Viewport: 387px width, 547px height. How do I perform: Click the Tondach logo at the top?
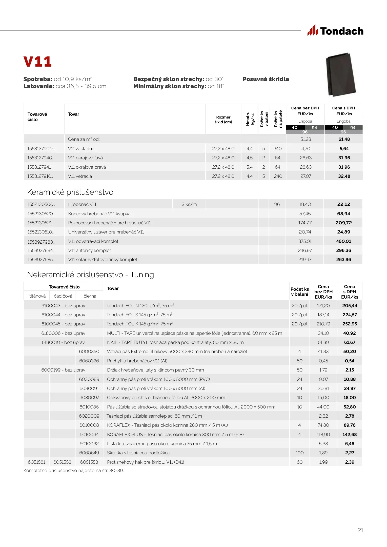click(335, 31)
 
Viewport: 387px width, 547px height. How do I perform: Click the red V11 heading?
click(37, 62)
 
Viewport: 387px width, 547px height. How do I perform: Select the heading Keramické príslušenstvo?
click(70, 192)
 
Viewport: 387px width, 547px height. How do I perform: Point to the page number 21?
click(360, 530)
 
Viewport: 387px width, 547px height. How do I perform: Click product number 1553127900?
click(40, 149)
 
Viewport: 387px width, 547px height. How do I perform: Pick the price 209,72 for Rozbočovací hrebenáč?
click(343, 223)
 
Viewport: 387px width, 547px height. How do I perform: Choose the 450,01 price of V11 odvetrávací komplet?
click(343, 241)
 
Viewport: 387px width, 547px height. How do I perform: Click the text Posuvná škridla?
click(266, 79)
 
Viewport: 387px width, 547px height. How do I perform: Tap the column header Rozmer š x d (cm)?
click(223, 120)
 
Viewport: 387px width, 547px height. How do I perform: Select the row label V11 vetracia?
click(80, 176)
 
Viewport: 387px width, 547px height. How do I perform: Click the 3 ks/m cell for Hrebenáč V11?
click(189, 204)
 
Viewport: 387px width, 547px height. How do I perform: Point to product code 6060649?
click(89, 453)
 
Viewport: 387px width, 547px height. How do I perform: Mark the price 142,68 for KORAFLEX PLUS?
click(350, 435)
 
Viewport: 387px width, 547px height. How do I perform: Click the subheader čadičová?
click(63, 296)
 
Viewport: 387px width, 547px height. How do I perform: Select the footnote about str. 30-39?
click(73, 471)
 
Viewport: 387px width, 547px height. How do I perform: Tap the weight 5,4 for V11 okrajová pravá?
click(249, 167)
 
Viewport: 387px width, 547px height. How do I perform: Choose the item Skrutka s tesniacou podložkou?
click(138, 453)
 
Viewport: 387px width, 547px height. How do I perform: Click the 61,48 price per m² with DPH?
click(344, 139)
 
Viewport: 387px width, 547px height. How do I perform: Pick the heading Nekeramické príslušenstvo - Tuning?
click(90, 275)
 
